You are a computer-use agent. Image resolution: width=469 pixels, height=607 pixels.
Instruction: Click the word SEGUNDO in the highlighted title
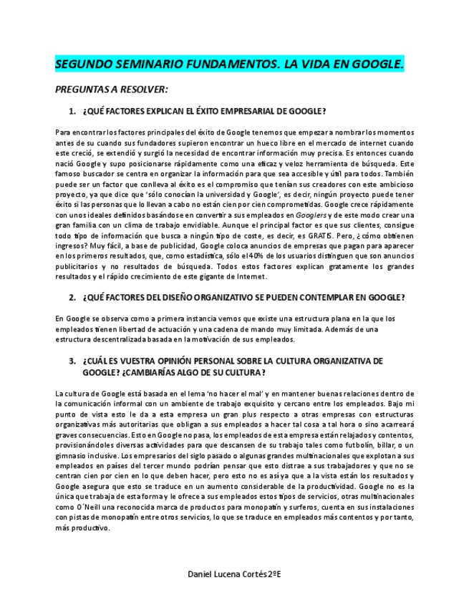[80, 64]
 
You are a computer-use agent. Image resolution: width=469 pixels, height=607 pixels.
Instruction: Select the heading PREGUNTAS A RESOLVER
[111, 89]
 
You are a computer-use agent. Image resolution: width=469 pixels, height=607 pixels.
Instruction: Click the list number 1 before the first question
[72, 111]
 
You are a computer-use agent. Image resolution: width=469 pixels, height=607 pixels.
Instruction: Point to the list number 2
[72, 297]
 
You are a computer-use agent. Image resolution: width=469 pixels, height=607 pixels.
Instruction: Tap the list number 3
[72, 361]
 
